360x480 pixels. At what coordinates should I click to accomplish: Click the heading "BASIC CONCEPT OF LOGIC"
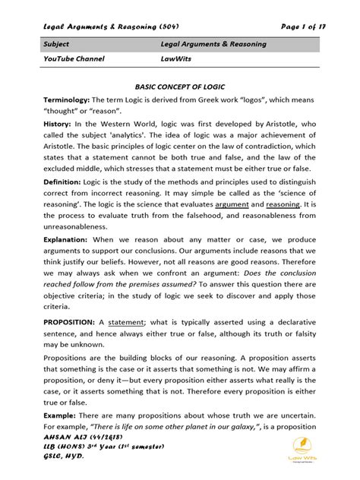tap(180, 87)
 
